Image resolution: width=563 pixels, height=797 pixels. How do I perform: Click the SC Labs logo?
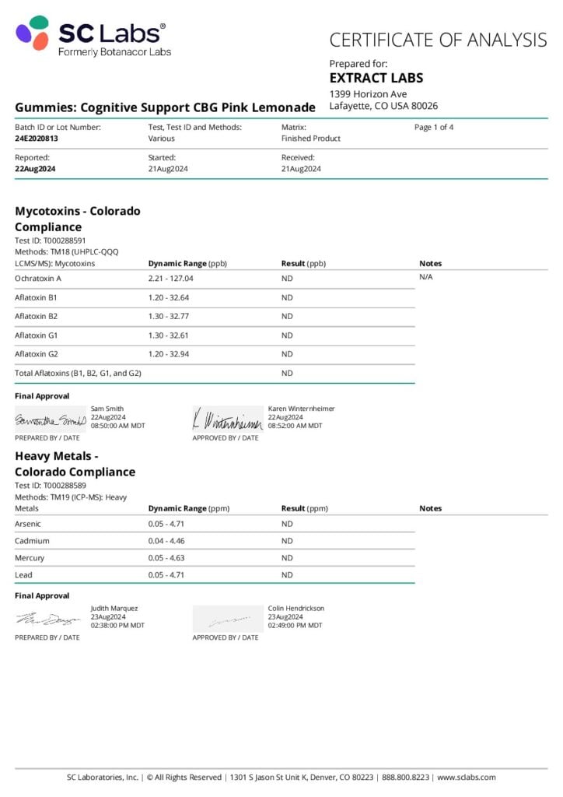click(92, 37)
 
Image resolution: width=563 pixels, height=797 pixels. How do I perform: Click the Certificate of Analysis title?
click(438, 40)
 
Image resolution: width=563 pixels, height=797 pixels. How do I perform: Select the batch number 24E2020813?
click(37, 139)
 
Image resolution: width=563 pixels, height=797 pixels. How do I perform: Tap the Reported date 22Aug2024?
click(35, 169)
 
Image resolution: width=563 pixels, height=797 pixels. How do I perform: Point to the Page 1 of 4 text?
click(434, 127)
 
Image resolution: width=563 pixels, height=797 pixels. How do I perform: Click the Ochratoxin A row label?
click(38, 278)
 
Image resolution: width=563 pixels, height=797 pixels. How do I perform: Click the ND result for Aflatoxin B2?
click(287, 317)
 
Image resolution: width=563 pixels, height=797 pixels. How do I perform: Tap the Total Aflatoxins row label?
click(78, 374)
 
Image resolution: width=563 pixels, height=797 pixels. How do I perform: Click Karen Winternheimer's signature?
click(227, 420)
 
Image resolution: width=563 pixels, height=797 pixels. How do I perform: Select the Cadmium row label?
click(32, 541)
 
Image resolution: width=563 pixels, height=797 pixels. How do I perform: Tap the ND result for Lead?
click(287, 575)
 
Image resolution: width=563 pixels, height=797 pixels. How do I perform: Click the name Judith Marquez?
click(114, 609)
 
